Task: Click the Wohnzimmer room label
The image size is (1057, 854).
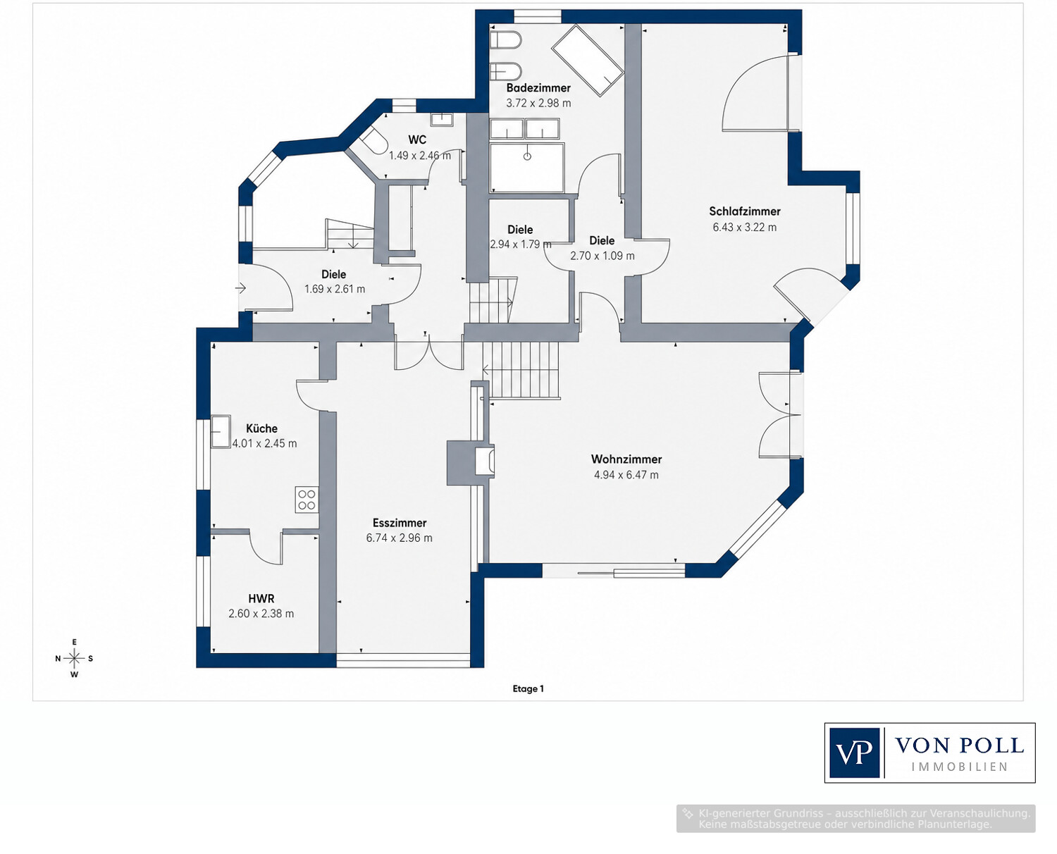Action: pyautogui.click(x=626, y=459)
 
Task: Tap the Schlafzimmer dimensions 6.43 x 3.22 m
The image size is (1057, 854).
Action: pyautogui.click(x=744, y=228)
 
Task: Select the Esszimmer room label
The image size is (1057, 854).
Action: pyautogui.click(x=400, y=523)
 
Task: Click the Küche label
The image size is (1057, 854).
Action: pyautogui.click(x=261, y=428)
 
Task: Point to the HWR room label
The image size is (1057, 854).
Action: pyautogui.click(x=261, y=598)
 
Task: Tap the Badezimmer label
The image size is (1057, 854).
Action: pyautogui.click(x=538, y=88)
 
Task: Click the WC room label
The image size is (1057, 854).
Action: pyautogui.click(x=417, y=140)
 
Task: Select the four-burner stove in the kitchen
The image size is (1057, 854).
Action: pyautogui.click(x=307, y=499)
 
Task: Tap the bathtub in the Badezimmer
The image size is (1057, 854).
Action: pyautogui.click(x=587, y=60)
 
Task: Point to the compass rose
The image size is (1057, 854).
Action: pyautogui.click(x=75, y=659)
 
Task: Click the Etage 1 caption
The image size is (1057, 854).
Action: pyautogui.click(x=528, y=688)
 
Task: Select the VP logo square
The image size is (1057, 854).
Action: pyautogui.click(x=854, y=753)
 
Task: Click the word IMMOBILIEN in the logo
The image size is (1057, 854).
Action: pyautogui.click(x=959, y=767)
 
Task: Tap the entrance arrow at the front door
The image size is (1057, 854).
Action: pyautogui.click(x=241, y=287)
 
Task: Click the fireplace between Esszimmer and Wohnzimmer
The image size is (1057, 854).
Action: pyautogui.click(x=471, y=462)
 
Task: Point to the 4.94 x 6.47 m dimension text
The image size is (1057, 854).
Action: pyautogui.click(x=626, y=475)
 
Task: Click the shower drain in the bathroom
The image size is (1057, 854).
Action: pyautogui.click(x=527, y=156)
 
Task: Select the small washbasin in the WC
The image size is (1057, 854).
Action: pyautogui.click(x=441, y=120)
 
